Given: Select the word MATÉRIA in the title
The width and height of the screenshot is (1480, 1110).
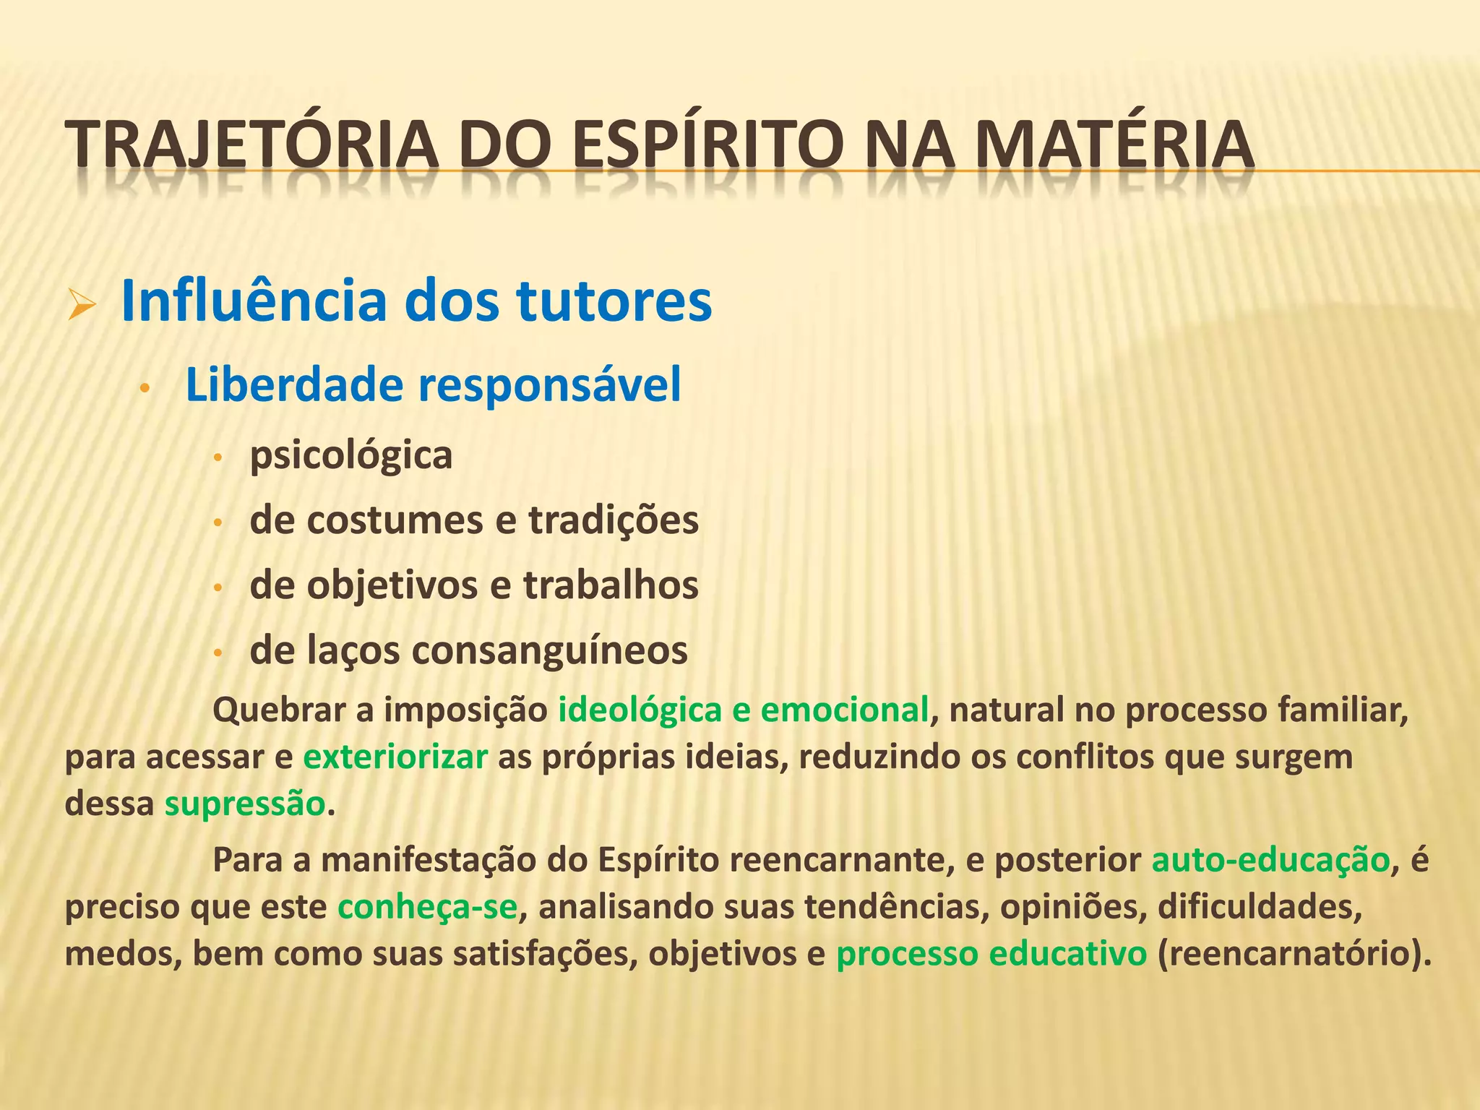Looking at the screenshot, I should tap(1114, 145).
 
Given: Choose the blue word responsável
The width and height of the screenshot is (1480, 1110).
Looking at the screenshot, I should tap(550, 384).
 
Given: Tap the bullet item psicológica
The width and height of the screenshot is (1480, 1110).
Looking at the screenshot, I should tap(351, 456).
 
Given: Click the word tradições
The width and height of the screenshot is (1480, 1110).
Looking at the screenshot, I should tap(614, 520).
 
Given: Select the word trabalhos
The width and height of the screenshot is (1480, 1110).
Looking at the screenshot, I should tap(611, 585).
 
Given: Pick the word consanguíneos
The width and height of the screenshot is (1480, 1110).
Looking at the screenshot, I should tap(549, 650).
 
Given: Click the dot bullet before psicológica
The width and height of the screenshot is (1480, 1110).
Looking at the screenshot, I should tap(218, 458).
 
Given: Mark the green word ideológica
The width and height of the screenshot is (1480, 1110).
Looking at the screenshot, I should tap(640, 710).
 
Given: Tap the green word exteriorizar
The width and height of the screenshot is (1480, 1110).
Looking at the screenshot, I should tap(395, 757).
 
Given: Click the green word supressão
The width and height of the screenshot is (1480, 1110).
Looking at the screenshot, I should tap(245, 804).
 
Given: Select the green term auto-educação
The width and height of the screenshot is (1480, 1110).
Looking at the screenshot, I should tap(1270, 861).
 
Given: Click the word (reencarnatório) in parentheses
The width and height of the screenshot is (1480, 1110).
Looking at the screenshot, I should tap(1294, 954).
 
